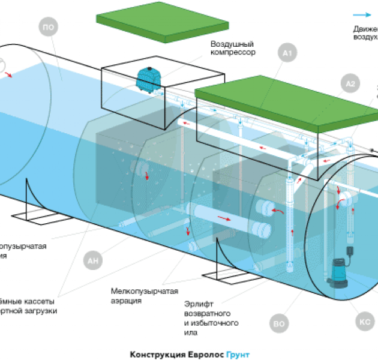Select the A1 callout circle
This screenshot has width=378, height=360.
(x=287, y=55)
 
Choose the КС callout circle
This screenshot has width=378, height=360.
(x=365, y=322)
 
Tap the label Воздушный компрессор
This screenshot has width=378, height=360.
(x=233, y=48)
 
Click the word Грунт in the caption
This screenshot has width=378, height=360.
(x=238, y=354)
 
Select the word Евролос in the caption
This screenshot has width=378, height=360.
(x=203, y=354)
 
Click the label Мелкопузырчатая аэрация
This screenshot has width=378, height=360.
(x=144, y=295)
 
